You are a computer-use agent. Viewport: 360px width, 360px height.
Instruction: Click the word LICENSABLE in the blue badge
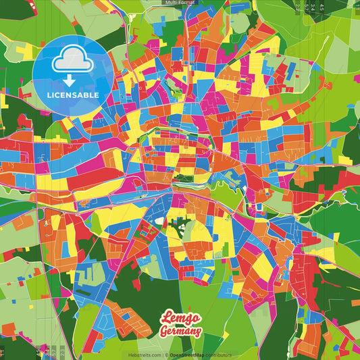(73, 95)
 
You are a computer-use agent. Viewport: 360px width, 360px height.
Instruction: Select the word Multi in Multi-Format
(171, 3)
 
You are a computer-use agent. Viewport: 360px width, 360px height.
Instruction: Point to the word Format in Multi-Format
(186, 3)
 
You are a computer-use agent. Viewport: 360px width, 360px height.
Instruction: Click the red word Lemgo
(180, 318)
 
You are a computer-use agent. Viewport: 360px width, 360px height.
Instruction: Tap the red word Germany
(180, 331)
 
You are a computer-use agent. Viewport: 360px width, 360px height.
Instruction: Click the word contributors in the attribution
(219, 355)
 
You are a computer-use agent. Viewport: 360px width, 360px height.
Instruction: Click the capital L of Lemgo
(165, 317)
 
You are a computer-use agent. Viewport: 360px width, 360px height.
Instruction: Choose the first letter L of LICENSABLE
(49, 95)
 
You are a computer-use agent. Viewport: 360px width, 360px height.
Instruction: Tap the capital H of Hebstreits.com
(130, 355)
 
